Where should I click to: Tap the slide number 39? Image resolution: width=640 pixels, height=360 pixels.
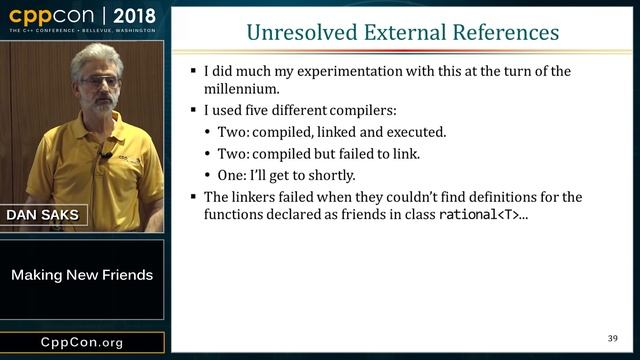(613, 337)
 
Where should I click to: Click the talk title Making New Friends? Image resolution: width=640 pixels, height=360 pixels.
(82, 275)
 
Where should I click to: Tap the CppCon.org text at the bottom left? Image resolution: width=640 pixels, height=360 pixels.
(82, 343)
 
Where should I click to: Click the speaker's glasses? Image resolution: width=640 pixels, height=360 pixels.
(97, 77)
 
